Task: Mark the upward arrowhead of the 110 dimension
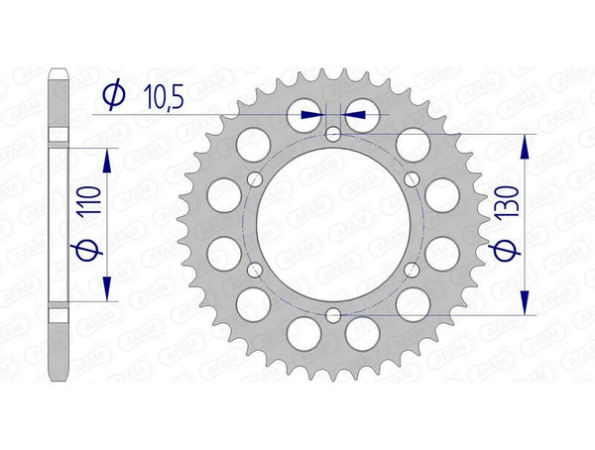coord(106,159)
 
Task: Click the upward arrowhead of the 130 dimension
coord(526,144)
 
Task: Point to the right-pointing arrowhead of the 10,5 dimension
coord(317,115)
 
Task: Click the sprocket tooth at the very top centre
coord(333,72)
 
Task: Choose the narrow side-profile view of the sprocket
coord(59,223)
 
